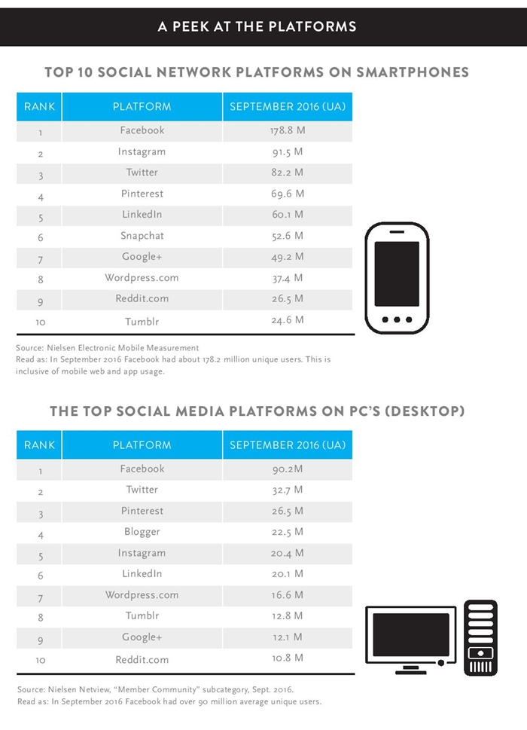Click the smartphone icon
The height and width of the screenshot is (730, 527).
(397, 278)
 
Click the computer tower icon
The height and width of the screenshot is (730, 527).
(480, 638)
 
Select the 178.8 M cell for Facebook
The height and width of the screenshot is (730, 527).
(288, 130)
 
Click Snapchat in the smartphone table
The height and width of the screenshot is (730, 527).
(142, 236)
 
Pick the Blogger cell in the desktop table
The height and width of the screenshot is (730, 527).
(142, 532)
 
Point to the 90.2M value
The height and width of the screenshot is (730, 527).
(288, 469)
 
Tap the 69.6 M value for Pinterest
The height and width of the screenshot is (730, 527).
(288, 194)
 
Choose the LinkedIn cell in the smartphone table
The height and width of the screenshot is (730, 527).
(142, 214)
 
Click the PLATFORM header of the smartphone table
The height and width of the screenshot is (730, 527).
(142, 107)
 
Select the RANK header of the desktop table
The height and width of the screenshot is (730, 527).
(40, 445)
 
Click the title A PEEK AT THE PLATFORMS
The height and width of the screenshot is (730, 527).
(257, 26)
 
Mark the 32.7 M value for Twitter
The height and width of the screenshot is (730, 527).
(288, 490)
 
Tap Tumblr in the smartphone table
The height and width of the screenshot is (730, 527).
(142, 322)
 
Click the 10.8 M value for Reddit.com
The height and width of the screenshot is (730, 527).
(288, 658)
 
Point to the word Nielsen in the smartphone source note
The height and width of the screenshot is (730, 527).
(61, 348)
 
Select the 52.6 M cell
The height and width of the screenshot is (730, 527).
(288, 236)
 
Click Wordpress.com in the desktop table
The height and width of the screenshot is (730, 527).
(142, 595)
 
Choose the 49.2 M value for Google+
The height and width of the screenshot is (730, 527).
(288, 257)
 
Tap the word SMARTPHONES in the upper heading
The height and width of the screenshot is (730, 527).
(413, 72)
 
